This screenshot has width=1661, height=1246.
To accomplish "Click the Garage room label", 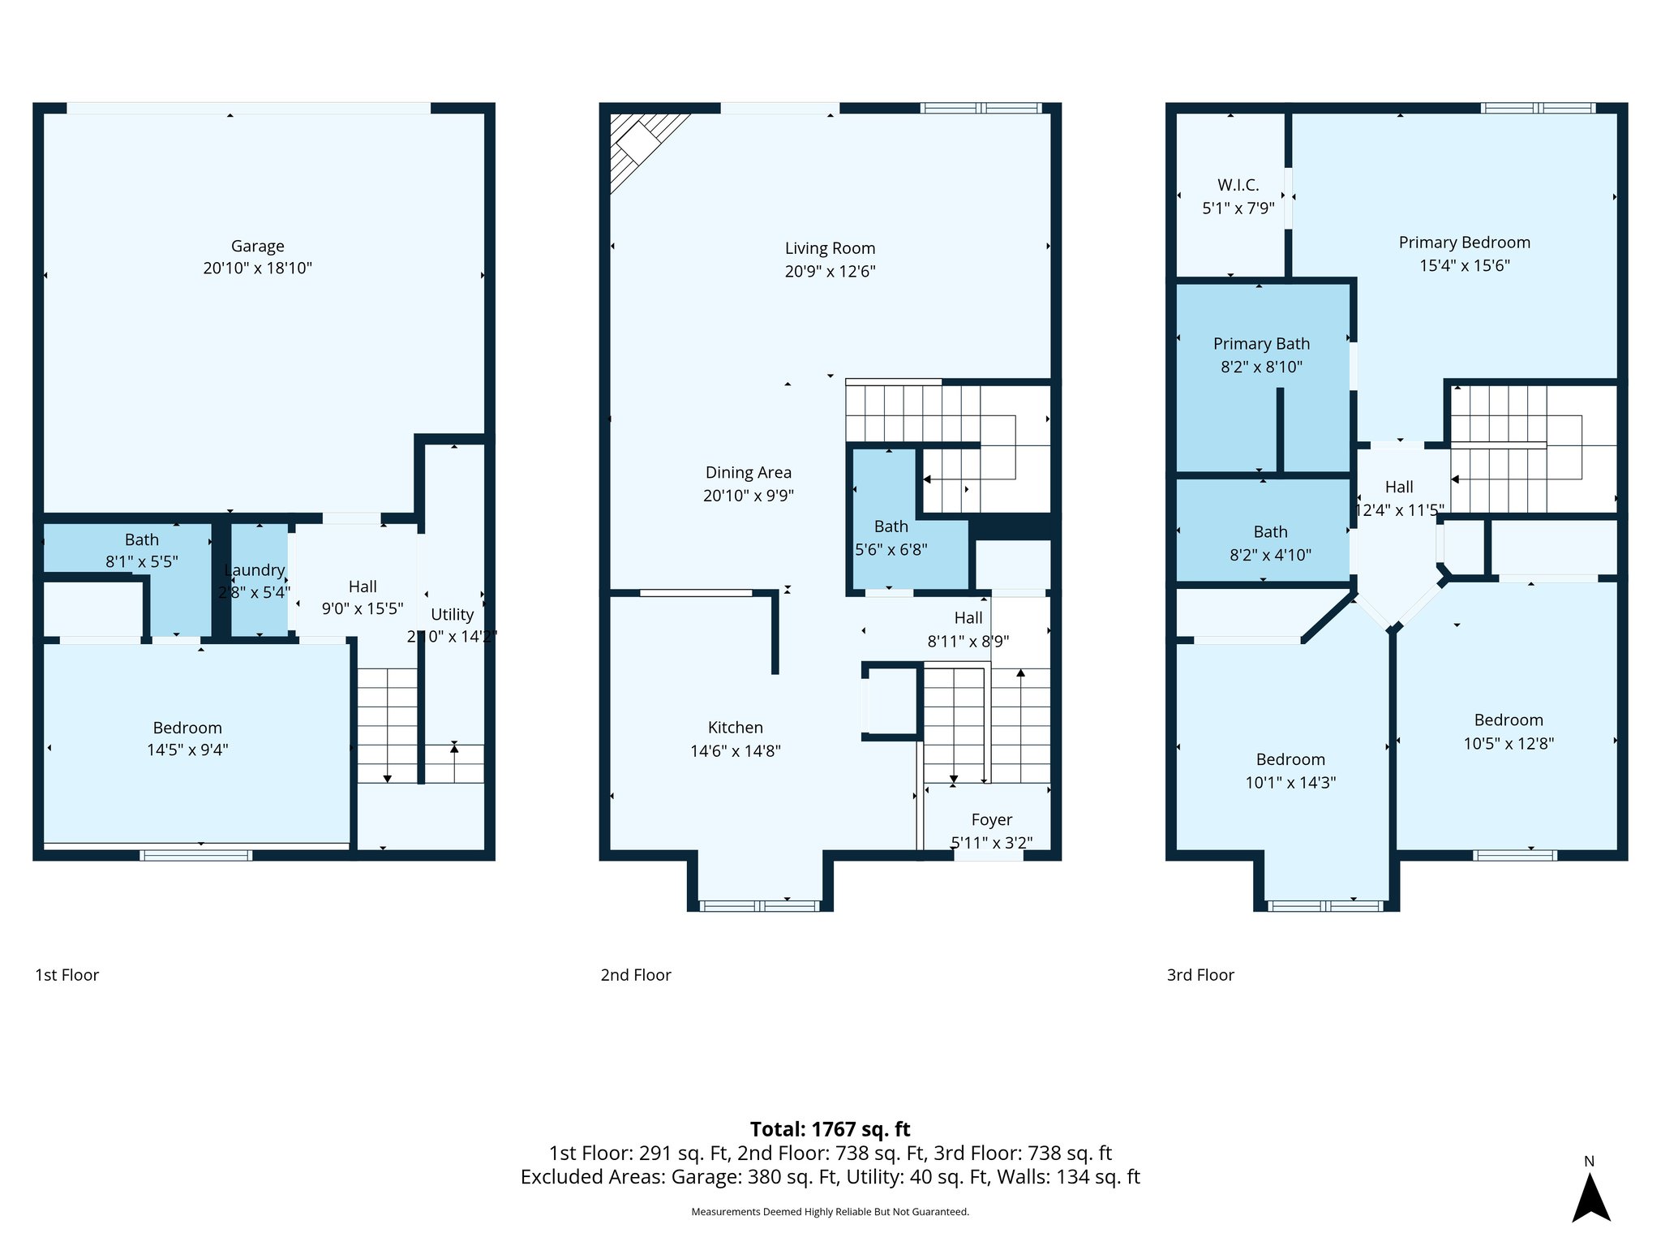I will (258, 246).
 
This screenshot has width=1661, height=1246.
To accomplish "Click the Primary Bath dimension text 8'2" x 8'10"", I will (1261, 367).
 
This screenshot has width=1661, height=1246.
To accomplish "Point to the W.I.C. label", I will (1238, 185).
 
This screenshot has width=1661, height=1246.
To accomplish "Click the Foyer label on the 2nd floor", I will (991, 819).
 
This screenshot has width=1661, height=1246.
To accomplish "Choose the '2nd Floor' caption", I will (636, 975).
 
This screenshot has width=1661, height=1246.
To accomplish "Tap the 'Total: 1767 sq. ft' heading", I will (830, 1129).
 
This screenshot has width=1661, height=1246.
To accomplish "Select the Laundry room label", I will (255, 570).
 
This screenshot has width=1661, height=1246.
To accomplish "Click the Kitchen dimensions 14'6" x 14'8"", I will (735, 751).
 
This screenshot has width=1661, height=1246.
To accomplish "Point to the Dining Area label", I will (748, 472).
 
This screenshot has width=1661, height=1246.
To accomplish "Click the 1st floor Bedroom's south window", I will (195, 855).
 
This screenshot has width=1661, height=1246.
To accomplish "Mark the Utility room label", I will (452, 614).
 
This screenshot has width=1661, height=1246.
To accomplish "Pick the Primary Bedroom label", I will (1464, 242).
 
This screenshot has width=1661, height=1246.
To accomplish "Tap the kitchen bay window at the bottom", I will (759, 905).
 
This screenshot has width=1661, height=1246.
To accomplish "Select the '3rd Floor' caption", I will (1200, 975).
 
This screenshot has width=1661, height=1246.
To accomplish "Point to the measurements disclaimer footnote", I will (830, 1212).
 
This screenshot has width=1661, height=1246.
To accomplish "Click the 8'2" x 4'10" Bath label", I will (1270, 532).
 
